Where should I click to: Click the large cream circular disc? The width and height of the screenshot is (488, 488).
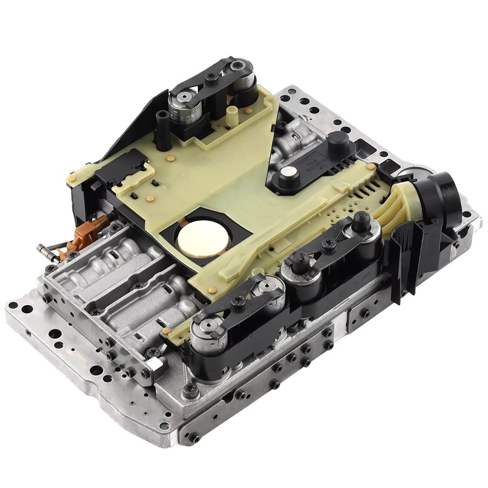coord(201,238)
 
